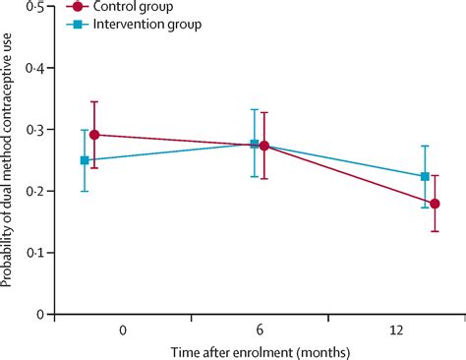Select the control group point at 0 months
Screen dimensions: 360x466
pos(95,135)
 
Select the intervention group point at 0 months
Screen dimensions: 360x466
pos(85,160)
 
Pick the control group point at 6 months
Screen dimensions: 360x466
pos(263,146)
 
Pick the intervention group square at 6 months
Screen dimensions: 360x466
pos(255,145)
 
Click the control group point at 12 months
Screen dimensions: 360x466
pos(435,204)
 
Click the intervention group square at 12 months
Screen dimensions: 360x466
pos(425,177)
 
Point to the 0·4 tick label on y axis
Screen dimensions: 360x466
pos(36,68)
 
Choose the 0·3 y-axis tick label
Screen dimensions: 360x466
pos(36,130)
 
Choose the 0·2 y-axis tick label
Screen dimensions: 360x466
pos(36,192)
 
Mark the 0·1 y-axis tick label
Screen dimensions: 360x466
pos(36,253)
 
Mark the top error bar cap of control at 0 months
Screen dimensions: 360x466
pos(95,101)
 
